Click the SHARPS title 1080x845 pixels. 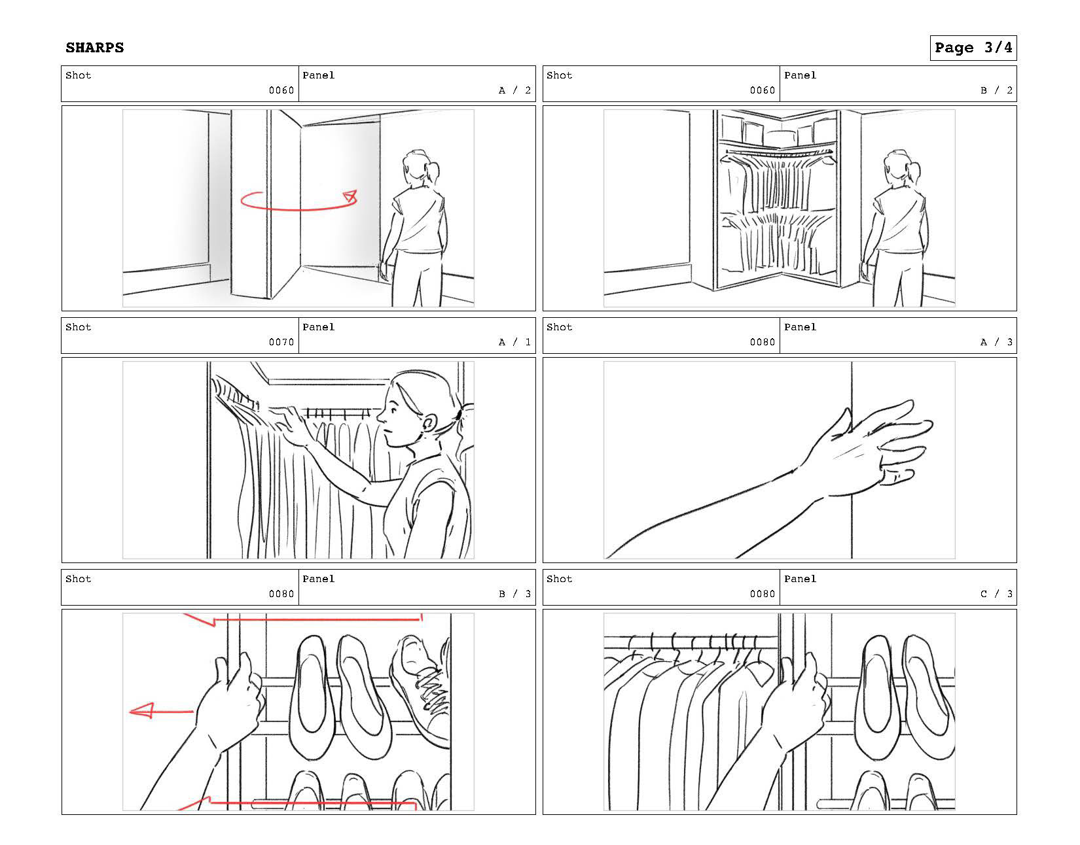pos(94,48)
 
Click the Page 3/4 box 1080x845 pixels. pos(973,48)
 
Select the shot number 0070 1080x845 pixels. pos(281,342)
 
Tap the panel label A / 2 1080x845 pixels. pos(514,90)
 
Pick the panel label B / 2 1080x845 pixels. pos(996,90)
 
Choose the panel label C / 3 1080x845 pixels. pos(996,594)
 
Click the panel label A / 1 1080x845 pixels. pos(514,342)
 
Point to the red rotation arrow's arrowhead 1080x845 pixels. pos(351,196)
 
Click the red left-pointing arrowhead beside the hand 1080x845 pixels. pos(141,711)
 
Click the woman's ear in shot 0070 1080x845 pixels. pos(429,424)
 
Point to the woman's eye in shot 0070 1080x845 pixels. pos(395,410)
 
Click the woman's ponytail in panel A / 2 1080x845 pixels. pos(433,172)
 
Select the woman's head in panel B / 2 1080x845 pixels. pos(899,168)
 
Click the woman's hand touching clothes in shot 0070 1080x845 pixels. pos(291,424)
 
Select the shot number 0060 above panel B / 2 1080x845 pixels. pos(763,90)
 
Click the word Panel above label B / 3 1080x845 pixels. pos(319,579)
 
